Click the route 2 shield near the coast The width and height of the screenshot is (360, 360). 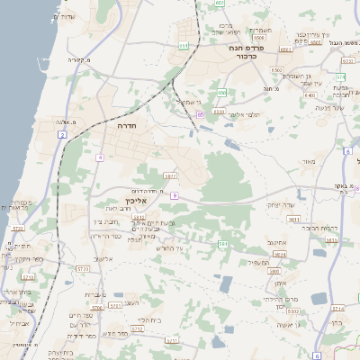point(62,134)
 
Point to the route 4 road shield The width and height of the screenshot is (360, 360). point(100,157)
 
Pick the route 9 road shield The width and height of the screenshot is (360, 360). point(174,194)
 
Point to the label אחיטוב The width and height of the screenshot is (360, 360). point(276,242)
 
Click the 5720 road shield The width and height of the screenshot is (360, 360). point(18,229)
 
